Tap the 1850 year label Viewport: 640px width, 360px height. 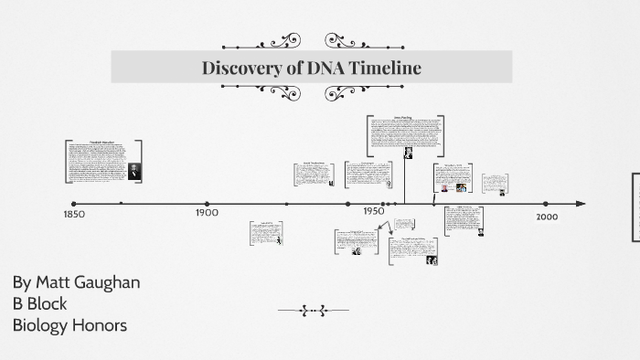(x=74, y=215)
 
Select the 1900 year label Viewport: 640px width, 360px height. (x=207, y=213)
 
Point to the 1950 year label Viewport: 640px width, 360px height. (x=373, y=211)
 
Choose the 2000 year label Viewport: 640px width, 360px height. (x=547, y=217)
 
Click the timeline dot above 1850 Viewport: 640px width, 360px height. (x=74, y=204)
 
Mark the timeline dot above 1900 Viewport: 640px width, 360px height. (x=208, y=204)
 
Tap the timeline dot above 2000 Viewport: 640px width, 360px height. (x=546, y=204)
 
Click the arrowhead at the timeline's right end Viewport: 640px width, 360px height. (x=581, y=204)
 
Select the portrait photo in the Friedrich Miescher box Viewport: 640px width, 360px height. (x=134, y=170)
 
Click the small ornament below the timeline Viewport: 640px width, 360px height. (x=313, y=311)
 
